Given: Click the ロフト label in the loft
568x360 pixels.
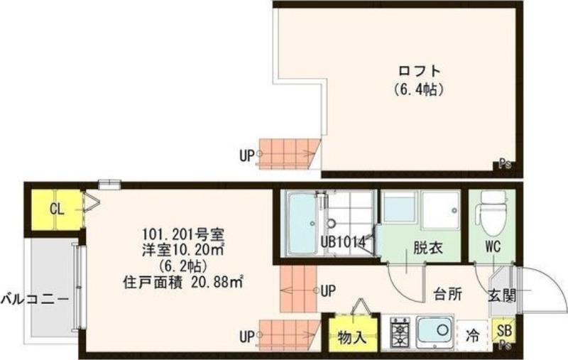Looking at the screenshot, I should point(418,72).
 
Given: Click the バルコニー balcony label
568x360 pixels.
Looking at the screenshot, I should point(35,298).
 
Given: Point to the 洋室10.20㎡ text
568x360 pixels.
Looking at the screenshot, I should point(184,249).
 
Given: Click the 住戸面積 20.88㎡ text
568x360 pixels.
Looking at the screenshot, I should point(183,282).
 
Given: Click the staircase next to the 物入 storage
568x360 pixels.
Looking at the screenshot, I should point(292,333).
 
